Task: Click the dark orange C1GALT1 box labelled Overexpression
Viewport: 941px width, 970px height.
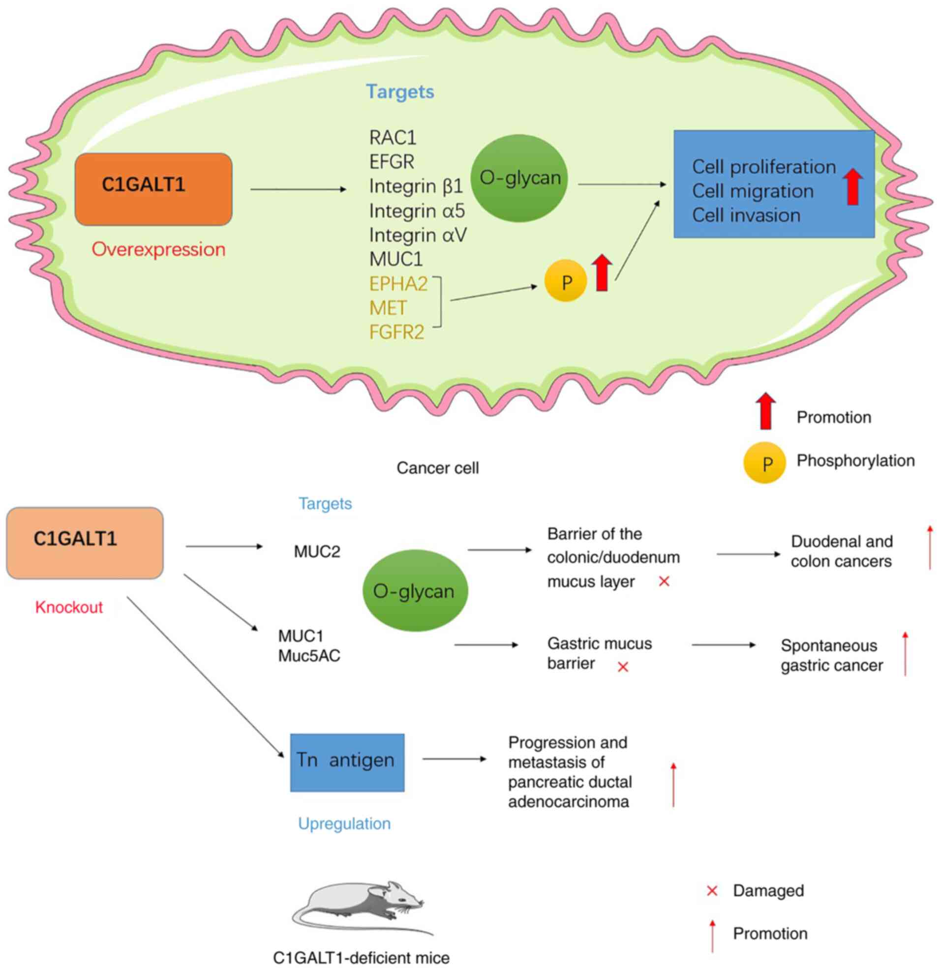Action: [x=153, y=189]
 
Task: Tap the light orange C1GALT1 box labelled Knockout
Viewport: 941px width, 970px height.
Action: [x=85, y=543]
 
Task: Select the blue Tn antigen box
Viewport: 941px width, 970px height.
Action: [x=347, y=762]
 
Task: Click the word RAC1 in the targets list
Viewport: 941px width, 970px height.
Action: [x=393, y=138]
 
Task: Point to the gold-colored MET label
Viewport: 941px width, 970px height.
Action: [x=388, y=308]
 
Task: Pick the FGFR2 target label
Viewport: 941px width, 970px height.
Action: [x=396, y=332]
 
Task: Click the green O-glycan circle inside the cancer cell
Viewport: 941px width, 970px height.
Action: [x=519, y=178]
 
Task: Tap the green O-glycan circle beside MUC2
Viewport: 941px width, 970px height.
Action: [x=414, y=591]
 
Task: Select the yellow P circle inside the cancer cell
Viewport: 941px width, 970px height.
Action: [x=565, y=281]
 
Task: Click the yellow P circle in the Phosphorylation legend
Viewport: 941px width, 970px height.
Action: [x=764, y=463]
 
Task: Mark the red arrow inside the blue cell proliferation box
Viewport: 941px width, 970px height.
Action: [x=852, y=186]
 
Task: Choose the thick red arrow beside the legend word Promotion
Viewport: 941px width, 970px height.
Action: [x=765, y=411]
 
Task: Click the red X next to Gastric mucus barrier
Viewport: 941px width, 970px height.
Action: [x=623, y=667]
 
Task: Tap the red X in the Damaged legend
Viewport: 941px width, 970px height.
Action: [x=712, y=891]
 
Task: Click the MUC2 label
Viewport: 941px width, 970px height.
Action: [x=317, y=551]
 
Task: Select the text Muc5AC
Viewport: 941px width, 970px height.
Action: [x=309, y=656]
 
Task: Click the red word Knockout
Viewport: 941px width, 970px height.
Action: [x=69, y=607]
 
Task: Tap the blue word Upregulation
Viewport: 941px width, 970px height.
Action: [x=344, y=823]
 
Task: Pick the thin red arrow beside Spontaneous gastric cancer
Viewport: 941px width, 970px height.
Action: [x=905, y=653]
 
